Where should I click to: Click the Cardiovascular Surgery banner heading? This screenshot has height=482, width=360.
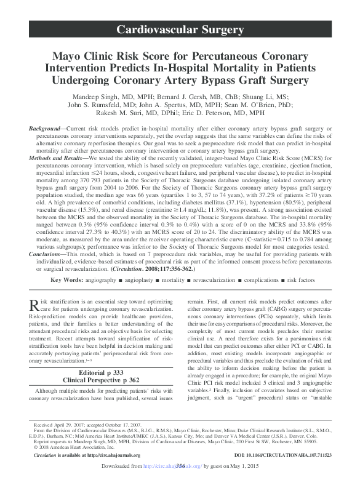click(180, 30)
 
